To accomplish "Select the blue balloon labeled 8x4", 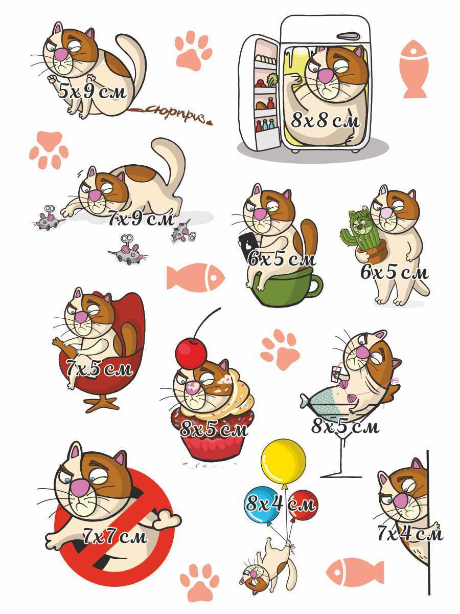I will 262,504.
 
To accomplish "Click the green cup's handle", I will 316,286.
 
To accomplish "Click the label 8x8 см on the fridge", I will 326,121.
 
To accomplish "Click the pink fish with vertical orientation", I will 413,69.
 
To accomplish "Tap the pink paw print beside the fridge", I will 193,50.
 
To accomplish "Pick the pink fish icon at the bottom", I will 355,571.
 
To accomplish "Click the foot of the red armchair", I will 102,404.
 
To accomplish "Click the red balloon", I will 304,504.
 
